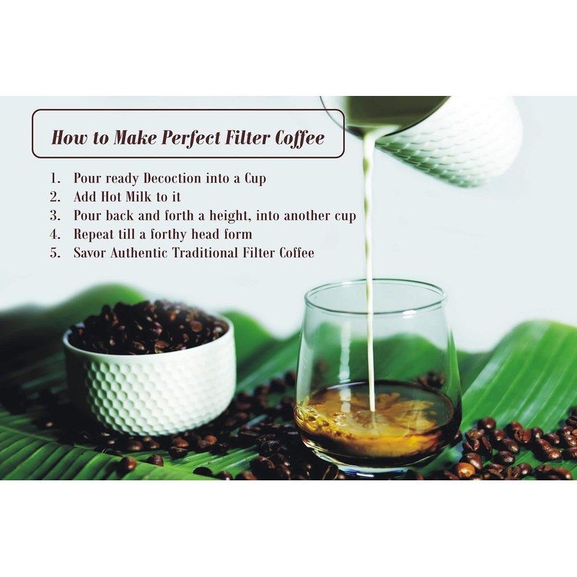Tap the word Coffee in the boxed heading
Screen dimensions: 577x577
click(296, 137)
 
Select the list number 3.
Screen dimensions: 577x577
click(56, 216)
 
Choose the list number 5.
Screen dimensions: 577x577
click(56, 253)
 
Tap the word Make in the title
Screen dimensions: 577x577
click(136, 137)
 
